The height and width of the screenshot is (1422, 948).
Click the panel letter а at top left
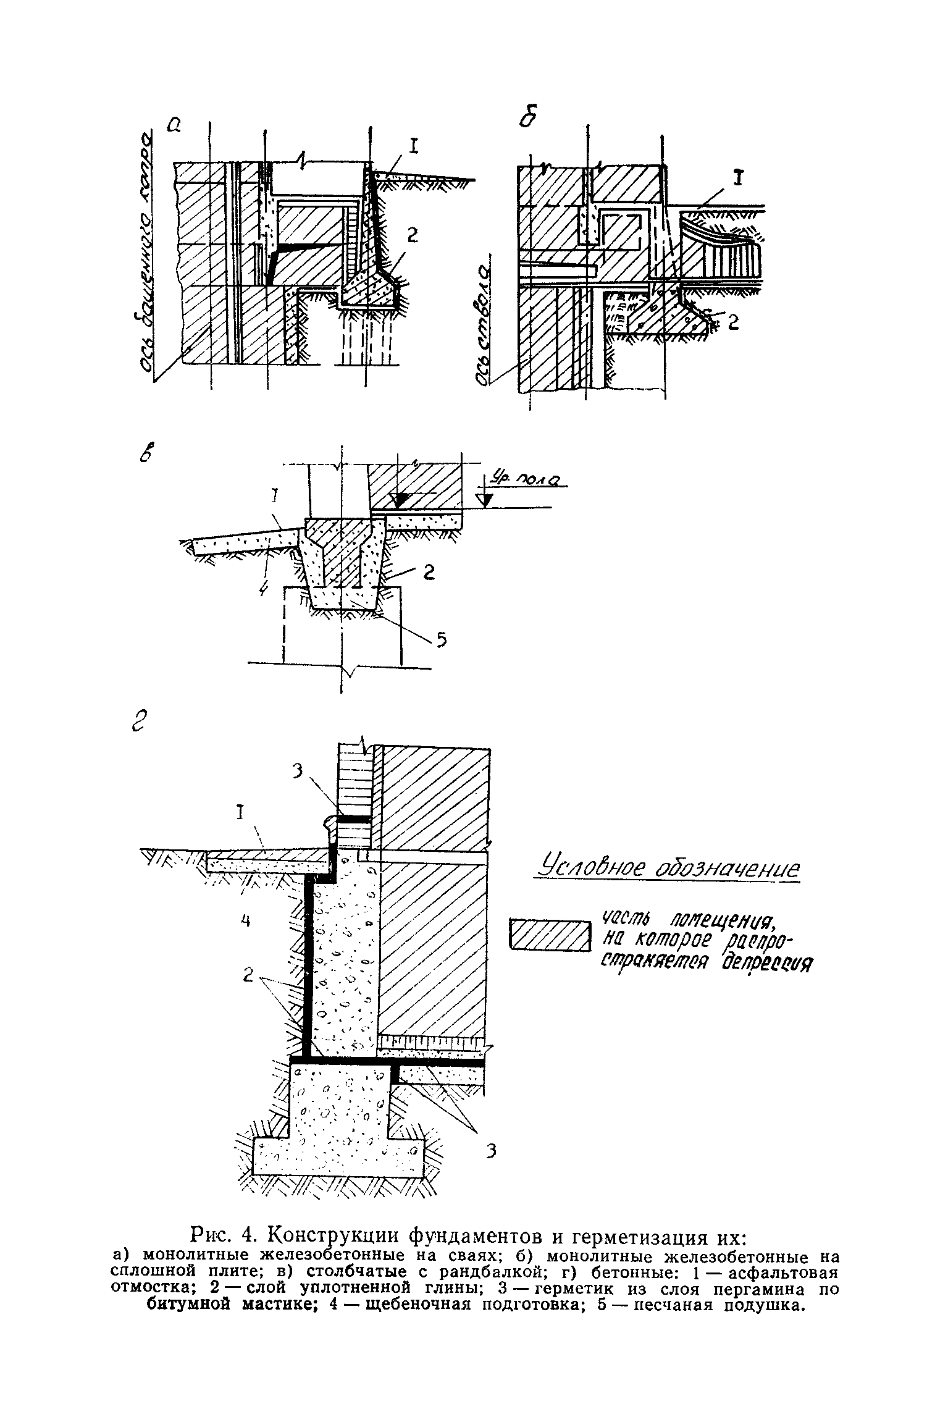174,125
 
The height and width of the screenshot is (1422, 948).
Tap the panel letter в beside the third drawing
146,454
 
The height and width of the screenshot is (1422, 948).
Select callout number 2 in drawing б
732,322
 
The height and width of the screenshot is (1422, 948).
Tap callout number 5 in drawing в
441,642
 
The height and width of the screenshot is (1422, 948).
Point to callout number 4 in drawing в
263,589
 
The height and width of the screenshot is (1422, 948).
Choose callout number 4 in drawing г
245,921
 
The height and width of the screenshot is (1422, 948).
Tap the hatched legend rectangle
549,936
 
